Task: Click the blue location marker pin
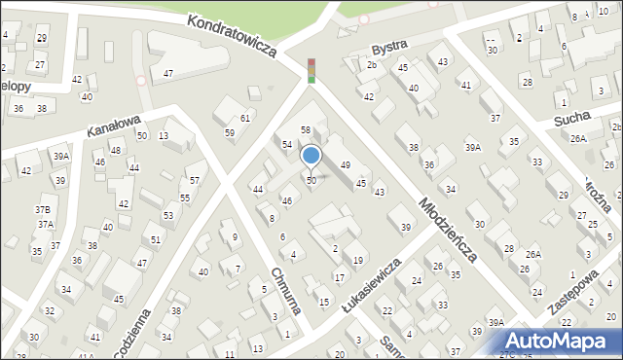click(x=311, y=157)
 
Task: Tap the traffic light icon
click(x=311, y=70)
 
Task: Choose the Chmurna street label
click(x=286, y=291)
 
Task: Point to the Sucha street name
click(x=572, y=118)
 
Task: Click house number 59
click(x=230, y=132)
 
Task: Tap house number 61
click(x=245, y=118)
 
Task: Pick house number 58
click(x=305, y=129)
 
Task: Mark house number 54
click(x=287, y=144)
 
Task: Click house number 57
click(x=195, y=181)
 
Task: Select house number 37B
click(x=43, y=209)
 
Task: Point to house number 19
click(x=358, y=260)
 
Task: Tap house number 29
click(x=41, y=37)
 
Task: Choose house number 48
click(x=116, y=150)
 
